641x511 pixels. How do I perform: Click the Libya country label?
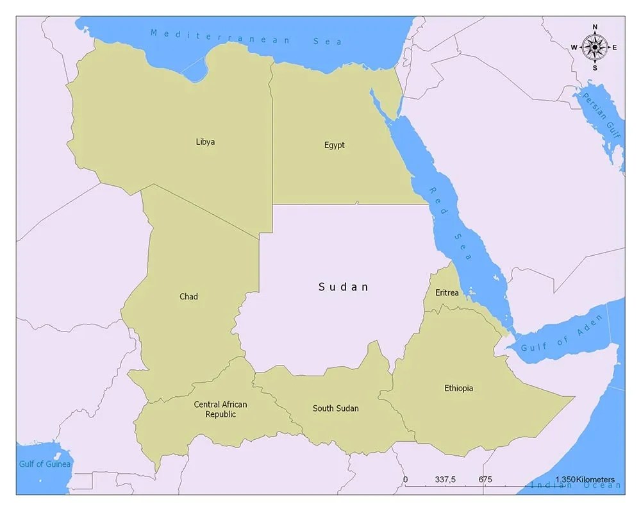(x=205, y=142)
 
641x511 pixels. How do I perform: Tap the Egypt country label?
(x=334, y=145)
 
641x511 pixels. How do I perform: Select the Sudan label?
(x=344, y=287)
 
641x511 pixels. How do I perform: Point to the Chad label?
(x=188, y=296)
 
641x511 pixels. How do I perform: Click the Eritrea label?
(x=447, y=292)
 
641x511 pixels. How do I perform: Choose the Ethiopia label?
(x=458, y=388)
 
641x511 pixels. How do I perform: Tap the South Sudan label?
(x=335, y=408)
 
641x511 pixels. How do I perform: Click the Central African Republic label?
(x=221, y=409)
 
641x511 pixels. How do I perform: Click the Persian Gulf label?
(x=602, y=116)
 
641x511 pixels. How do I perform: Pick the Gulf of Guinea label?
(x=44, y=464)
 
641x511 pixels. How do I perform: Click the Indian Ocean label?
(x=575, y=485)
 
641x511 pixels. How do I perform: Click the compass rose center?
(x=595, y=47)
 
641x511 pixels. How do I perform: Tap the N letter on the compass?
(x=595, y=27)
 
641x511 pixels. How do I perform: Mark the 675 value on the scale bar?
(x=485, y=480)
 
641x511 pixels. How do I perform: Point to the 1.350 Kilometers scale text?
(x=585, y=480)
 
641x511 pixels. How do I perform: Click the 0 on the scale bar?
(x=405, y=480)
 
